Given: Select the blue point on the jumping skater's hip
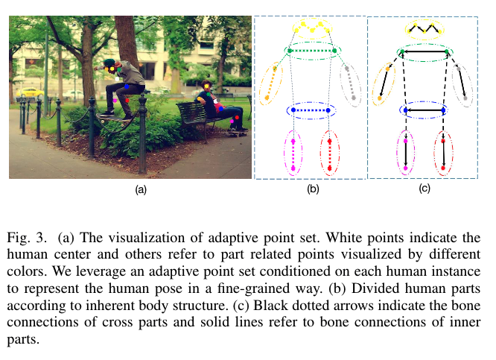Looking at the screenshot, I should [127, 87].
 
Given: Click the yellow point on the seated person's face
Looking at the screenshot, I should [208, 83].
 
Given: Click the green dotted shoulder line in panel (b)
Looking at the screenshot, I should [313, 51].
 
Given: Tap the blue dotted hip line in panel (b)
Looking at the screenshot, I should [312, 110].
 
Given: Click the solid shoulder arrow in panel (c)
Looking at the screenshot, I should [425, 51].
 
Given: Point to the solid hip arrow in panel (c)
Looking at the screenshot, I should [424, 110].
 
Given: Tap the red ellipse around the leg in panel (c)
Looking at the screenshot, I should [444, 153].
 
